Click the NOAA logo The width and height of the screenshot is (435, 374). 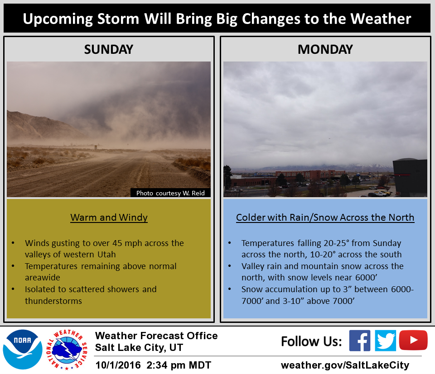coord(23,350)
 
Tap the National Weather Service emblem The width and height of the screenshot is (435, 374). coord(67,350)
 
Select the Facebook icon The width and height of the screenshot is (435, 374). coord(359,341)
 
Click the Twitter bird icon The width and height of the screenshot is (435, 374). coord(385,341)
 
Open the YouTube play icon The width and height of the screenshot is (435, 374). coord(413,340)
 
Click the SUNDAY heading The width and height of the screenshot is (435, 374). coord(109,50)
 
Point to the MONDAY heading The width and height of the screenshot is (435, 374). coord(325,50)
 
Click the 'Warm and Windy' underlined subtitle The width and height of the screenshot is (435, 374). coord(109,218)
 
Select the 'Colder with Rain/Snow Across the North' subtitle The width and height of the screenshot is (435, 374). coord(325,218)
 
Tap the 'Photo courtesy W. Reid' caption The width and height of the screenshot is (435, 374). coord(170,193)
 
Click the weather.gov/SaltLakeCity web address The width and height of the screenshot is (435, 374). coord(345,365)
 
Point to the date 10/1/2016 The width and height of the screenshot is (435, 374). coord(118,365)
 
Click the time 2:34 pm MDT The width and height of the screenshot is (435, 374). coord(179,365)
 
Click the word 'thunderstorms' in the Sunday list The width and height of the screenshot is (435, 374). coord(53,301)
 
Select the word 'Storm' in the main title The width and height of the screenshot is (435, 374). coord(118,19)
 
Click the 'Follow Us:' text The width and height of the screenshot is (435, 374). coord(311,341)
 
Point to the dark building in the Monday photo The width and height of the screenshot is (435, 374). coord(410,177)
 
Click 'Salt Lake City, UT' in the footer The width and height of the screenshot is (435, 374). coord(139,347)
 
